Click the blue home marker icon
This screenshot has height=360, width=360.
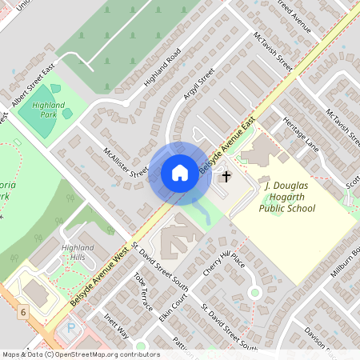(x=179, y=173)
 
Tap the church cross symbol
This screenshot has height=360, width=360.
(x=226, y=176)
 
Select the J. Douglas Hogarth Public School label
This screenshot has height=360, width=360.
(x=288, y=198)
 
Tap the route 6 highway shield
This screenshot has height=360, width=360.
(x=24, y=310)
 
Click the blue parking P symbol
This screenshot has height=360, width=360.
(x=70, y=328)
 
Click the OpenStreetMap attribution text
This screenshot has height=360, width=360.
(x=80, y=354)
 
